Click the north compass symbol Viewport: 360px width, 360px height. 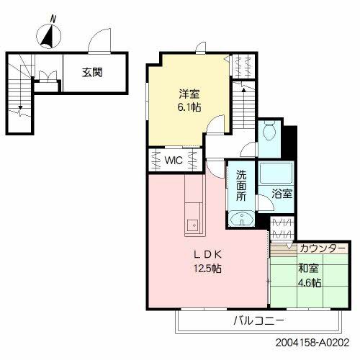[x=48, y=35]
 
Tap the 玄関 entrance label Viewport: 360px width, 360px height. [x=91, y=72]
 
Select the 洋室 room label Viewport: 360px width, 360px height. [x=190, y=93]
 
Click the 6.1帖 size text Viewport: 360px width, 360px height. [x=190, y=107]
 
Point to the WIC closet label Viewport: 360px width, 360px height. [x=173, y=160]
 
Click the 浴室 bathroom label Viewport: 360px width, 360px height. [x=282, y=194]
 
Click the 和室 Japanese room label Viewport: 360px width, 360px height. [x=310, y=269]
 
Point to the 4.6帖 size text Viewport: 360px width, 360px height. [x=310, y=282]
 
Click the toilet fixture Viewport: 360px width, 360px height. [x=269, y=131]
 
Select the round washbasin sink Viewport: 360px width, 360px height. [x=240, y=220]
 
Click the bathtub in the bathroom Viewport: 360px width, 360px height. [x=274, y=173]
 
